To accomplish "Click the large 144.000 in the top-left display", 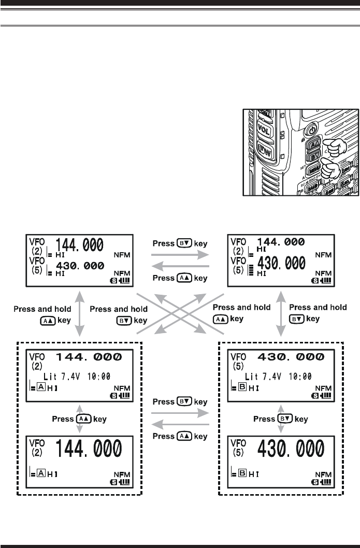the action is pos(79,244).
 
